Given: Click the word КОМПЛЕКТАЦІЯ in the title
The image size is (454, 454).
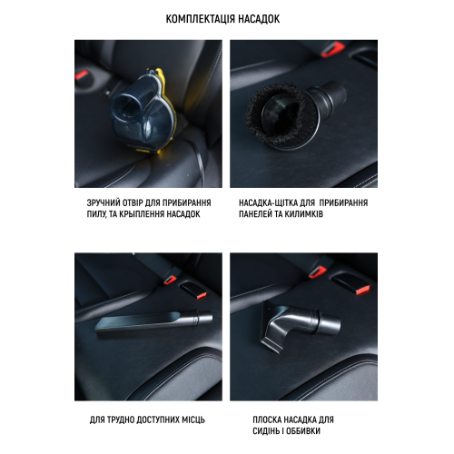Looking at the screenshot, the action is coord(200,19).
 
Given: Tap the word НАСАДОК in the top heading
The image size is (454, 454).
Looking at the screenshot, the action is coord(259,19).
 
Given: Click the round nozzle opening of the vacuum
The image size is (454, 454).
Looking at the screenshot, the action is coord(126,106).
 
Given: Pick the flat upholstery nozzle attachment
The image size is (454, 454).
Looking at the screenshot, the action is coord(300,324).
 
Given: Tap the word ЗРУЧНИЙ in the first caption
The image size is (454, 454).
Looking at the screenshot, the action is coord(103,202).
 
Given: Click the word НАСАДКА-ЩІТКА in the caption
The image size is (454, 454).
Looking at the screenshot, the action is coord(269,202).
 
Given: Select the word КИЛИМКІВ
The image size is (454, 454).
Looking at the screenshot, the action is coord(304,214).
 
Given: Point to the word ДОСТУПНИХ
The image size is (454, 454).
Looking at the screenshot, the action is coord(158,419).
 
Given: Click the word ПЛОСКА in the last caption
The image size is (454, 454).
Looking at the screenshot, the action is coord(266,419).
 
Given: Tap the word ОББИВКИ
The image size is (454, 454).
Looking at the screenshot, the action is coord(303,431).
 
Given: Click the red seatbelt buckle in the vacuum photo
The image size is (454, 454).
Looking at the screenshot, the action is coord(81,74).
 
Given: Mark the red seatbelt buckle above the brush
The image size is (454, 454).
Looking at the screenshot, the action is coord(332,50).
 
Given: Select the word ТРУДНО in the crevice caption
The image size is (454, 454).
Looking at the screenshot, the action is coord(121,419).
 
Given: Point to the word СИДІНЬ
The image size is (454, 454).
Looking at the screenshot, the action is coord(266,431).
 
